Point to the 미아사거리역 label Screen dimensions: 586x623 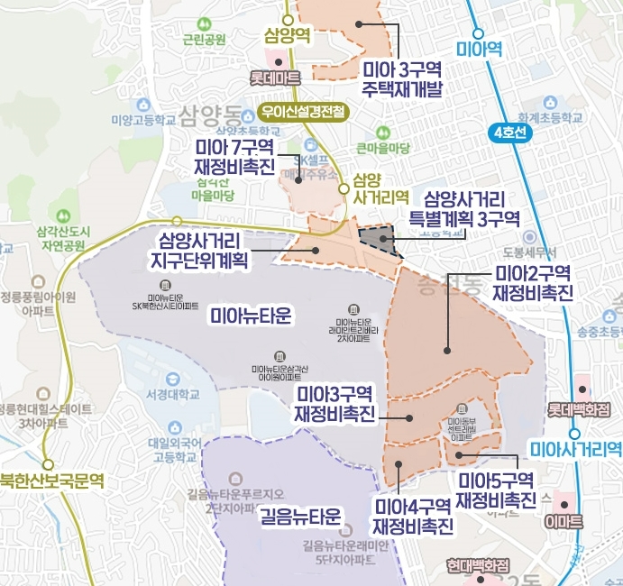coord(574,448)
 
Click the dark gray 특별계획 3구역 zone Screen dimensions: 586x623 coord(379,240)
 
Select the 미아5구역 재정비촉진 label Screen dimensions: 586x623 coord(495,489)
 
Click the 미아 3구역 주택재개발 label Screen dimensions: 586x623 coord(403,78)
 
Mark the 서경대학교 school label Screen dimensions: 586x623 coord(172,394)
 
